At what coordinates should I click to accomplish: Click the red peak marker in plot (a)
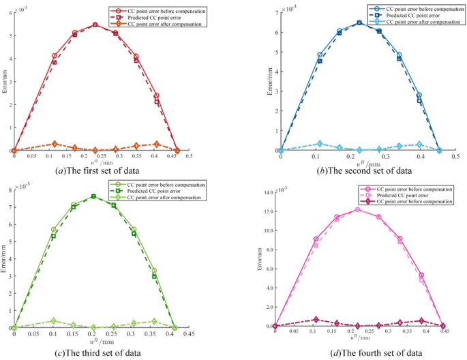[x=95, y=25]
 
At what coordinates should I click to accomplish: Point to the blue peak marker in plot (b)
[x=359, y=22]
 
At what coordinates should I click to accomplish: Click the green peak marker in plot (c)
[x=93, y=196]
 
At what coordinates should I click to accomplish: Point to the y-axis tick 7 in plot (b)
[x=274, y=13]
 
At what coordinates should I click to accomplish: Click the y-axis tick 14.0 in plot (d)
[x=264, y=193]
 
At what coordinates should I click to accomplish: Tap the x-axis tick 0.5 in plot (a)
[x=188, y=157]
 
